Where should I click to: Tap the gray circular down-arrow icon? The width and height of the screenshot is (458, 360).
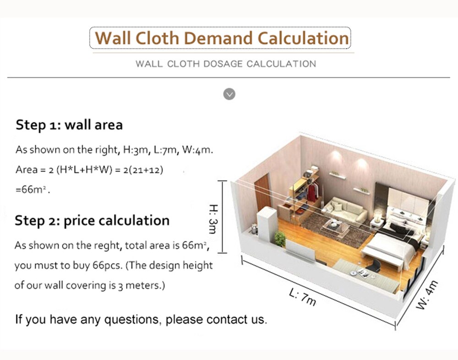(229, 94)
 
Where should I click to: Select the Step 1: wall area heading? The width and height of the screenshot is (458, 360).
(69, 125)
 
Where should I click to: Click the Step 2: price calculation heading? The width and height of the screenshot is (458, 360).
(92, 221)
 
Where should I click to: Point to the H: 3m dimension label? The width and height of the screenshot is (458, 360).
(213, 219)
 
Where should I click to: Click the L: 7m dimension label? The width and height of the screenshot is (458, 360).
(303, 297)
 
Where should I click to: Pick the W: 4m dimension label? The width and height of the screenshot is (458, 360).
(427, 295)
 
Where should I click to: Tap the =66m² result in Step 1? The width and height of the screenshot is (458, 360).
(33, 190)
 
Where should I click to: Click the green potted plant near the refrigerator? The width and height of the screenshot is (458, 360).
(279, 239)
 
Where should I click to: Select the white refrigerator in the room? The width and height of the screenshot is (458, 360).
(267, 224)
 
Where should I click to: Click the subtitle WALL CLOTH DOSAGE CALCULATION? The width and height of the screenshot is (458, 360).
(226, 64)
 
